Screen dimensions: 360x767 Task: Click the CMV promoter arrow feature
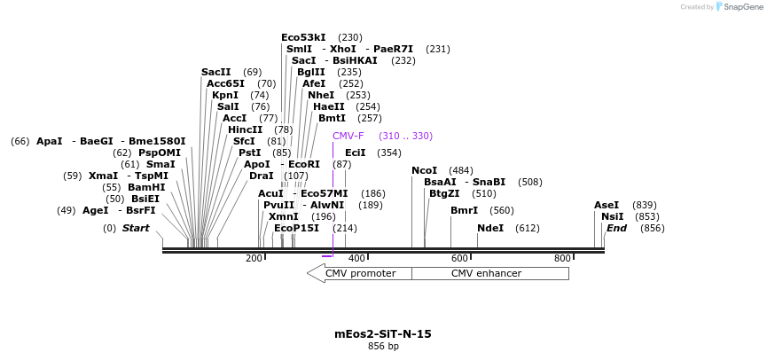[359, 273]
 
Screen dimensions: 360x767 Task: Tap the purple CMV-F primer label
[348, 136]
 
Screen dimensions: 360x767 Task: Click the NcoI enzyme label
[424, 170]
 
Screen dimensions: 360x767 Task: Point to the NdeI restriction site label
[489, 228]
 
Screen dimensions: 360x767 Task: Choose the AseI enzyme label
[607, 205]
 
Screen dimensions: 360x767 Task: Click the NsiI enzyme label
[612, 216]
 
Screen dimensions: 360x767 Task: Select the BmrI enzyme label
[464, 210]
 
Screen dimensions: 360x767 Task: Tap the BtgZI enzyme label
[444, 193]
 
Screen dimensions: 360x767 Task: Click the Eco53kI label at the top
[303, 37]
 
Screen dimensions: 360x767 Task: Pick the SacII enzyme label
[215, 72]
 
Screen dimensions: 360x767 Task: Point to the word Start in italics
[136, 228]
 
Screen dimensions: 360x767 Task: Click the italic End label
[616, 228]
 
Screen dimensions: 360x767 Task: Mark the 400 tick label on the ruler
[356, 258]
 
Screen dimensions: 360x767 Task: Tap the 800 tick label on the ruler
[562, 258]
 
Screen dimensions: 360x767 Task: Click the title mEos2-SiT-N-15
[383, 334]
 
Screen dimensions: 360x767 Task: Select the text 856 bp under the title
[383, 346]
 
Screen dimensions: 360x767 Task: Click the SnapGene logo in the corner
[737, 7]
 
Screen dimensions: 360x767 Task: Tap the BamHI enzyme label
[146, 187]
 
